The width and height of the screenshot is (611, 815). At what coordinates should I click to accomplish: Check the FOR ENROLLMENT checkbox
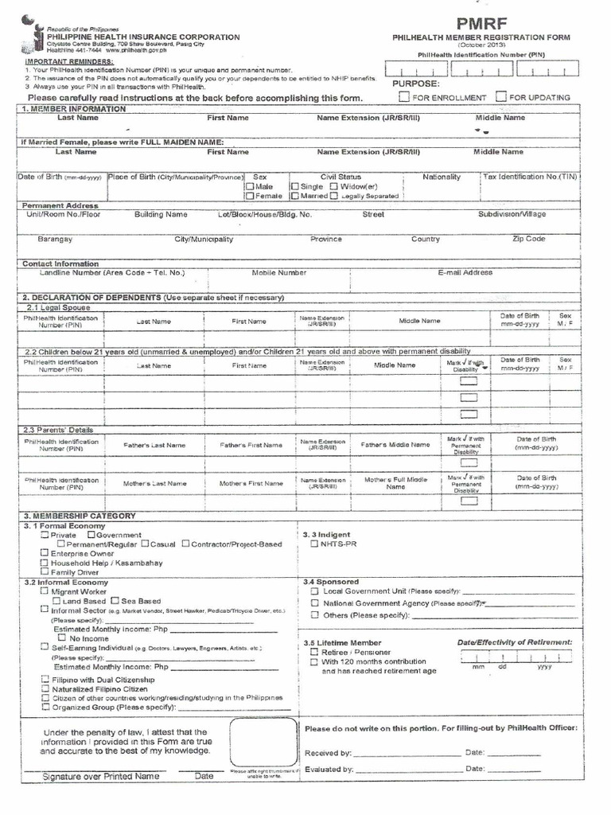[x=404, y=97]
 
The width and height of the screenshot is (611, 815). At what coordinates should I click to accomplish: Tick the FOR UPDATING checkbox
[x=500, y=97]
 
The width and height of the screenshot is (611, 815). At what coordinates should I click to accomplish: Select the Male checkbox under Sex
[x=250, y=186]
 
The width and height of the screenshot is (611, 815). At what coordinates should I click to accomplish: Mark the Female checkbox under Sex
[x=250, y=196]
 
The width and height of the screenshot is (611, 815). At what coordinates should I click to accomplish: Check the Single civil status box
[x=294, y=186]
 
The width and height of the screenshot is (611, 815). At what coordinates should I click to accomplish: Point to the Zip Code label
[x=528, y=239]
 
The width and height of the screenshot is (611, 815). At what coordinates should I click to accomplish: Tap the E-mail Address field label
[x=465, y=272]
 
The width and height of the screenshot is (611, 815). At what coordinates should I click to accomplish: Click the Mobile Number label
[x=278, y=272]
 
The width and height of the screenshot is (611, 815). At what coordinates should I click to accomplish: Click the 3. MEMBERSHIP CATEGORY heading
[x=80, y=516]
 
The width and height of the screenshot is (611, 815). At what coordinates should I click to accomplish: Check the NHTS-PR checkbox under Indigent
[x=314, y=544]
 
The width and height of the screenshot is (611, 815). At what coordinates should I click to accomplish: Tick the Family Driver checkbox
[x=45, y=571]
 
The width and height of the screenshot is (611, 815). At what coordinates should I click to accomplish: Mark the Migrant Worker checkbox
[x=45, y=591]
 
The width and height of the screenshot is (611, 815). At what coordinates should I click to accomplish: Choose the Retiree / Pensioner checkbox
[x=314, y=652]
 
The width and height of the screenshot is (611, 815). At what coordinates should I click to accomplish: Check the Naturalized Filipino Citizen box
[x=45, y=688]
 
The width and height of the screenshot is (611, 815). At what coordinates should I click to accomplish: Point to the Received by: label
[x=328, y=752]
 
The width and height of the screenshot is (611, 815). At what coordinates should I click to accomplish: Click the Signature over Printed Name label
[x=101, y=776]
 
